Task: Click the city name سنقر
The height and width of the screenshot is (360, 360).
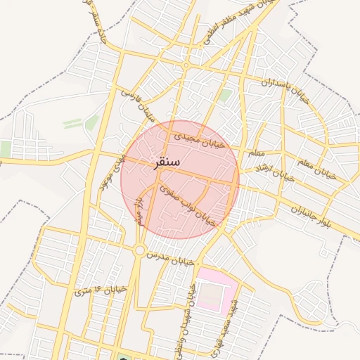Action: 167,162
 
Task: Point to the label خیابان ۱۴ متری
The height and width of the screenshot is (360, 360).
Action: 101,290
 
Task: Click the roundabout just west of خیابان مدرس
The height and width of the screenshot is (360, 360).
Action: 140,250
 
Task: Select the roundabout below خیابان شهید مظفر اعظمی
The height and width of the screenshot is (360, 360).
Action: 186,65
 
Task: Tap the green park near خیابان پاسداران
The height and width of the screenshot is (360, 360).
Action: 225,96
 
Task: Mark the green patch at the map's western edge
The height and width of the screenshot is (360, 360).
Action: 5,149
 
